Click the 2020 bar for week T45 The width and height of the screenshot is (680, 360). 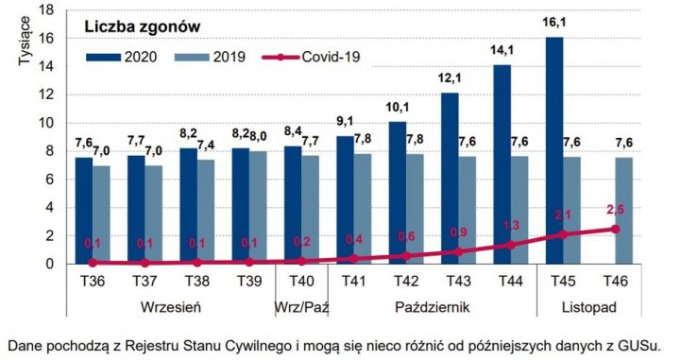[x=553, y=150]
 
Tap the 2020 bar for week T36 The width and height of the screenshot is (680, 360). [x=84, y=210]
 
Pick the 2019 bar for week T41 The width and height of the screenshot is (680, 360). [x=363, y=209]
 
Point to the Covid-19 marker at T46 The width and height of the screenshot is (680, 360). [x=615, y=229]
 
